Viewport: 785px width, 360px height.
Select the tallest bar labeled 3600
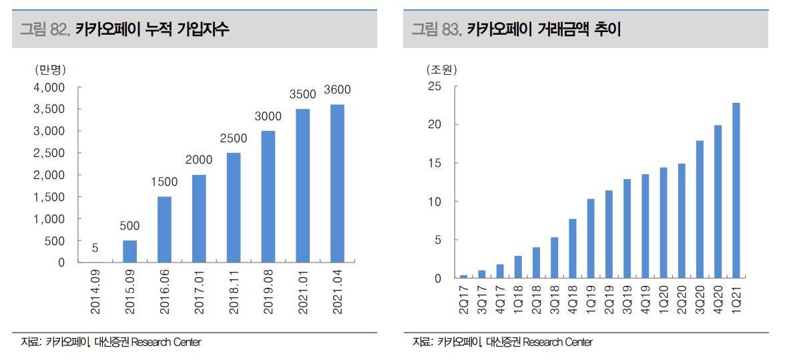point(337,183)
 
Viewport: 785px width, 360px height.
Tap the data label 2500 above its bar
point(233,138)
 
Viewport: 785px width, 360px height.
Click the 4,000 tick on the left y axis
point(49,87)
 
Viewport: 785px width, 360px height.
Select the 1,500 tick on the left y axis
point(49,197)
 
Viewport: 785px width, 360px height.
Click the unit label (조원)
point(441,69)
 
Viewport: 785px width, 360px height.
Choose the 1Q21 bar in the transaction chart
point(736,190)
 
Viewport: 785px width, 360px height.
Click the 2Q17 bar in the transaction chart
point(464,276)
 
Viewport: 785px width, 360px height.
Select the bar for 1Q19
point(591,238)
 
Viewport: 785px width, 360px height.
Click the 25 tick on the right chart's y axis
point(435,86)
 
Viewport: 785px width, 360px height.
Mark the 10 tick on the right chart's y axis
point(435,202)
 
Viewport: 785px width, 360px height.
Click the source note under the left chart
point(111,342)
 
